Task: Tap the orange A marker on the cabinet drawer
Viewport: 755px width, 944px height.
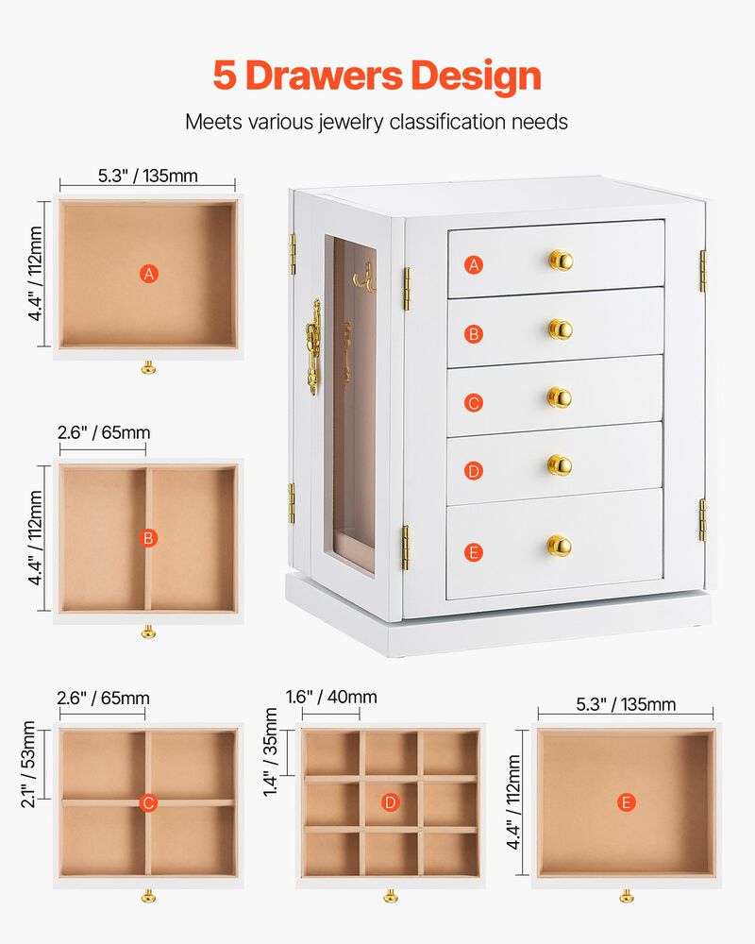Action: click(x=475, y=265)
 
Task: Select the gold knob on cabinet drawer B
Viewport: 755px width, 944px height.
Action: click(x=561, y=329)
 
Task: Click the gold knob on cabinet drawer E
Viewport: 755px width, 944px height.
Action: click(x=559, y=546)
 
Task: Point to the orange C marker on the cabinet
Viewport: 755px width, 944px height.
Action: click(x=475, y=403)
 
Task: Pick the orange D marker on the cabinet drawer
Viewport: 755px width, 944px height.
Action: click(x=475, y=470)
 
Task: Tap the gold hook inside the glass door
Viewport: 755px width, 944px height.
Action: click(x=361, y=275)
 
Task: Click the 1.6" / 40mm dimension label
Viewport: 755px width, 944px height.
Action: click(x=331, y=698)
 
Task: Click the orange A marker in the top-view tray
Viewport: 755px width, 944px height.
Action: click(x=148, y=274)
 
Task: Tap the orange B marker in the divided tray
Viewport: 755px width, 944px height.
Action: click(x=148, y=538)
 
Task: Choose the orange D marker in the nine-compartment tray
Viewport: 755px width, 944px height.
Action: click(x=390, y=802)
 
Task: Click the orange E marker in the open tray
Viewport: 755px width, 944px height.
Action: click(x=626, y=802)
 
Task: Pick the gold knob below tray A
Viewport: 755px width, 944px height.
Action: click(x=148, y=367)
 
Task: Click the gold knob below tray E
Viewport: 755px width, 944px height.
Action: click(x=626, y=895)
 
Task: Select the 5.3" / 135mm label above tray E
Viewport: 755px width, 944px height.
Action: click(x=626, y=704)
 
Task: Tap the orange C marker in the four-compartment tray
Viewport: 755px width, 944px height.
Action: click(x=148, y=803)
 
